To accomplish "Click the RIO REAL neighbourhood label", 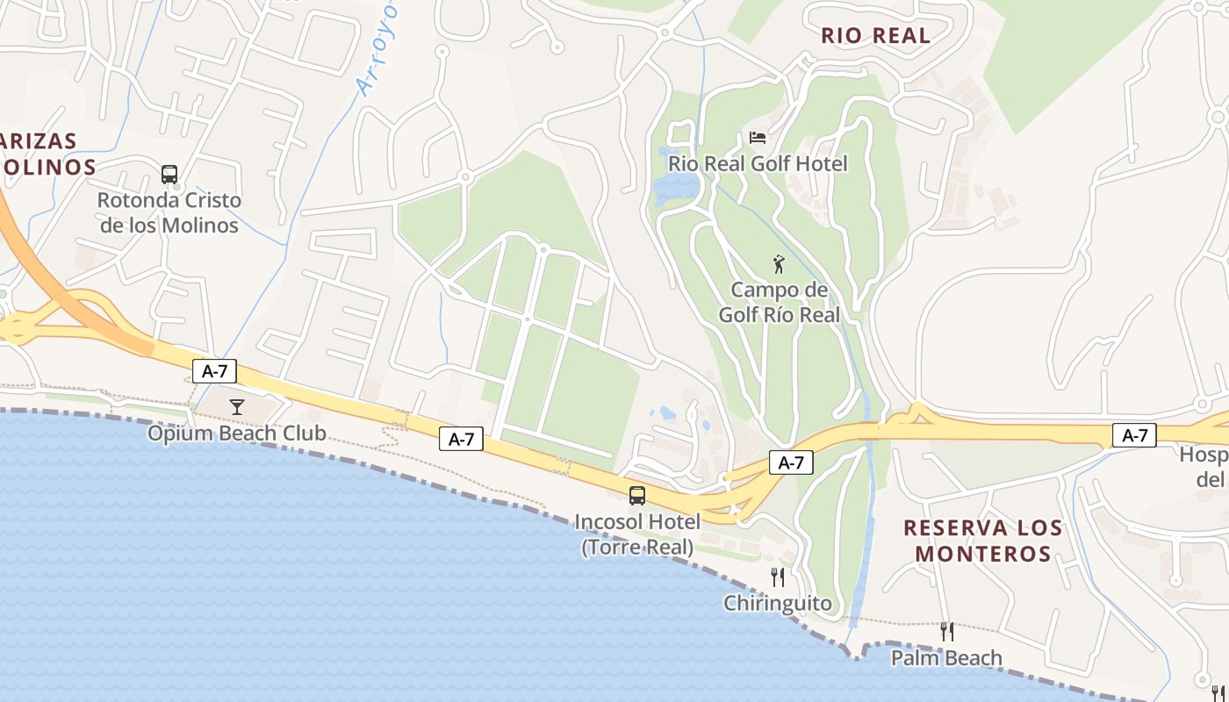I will (x=875, y=36).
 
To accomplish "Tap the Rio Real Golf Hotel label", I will (x=758, y=164).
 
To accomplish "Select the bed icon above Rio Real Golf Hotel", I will (x=757, y=138).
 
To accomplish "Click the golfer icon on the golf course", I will (x=778, y=264).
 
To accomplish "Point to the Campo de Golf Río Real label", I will (x=780, y=302).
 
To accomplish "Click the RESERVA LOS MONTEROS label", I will (x=983, y=541).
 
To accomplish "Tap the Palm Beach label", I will (x=946, y=657).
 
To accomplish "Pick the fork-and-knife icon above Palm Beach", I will (x=946, y=631).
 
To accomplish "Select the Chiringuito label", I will (x=777, y=603).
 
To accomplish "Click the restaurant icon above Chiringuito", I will (x=777, y=577).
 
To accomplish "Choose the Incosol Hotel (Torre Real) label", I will (x=637, y=534).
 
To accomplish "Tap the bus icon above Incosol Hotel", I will (x=637, y=496).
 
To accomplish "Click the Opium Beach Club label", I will (x=236, y=433).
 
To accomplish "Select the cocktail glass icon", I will (x=236, y=406).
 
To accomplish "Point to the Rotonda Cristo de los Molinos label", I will (x=169, y=212).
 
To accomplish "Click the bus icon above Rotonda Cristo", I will (x=169, y=174).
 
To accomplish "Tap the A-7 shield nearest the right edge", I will (x=1134, y=434).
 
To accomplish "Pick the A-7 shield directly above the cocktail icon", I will (x=215, y=371).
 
